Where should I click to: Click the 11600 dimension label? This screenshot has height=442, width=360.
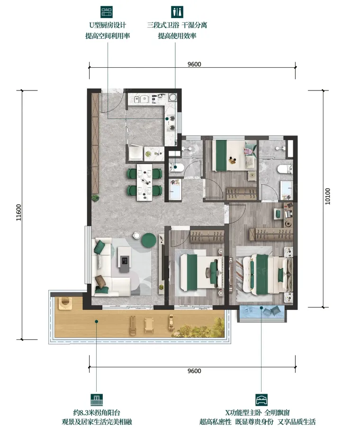click(x=18, y=212)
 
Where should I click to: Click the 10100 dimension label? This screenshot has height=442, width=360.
click(x=327, y=196)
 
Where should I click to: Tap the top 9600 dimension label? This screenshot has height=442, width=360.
click(x=194, y=64)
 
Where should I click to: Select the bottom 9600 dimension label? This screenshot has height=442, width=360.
click(x=194, y=370)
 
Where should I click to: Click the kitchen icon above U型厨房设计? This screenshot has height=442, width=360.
click(x=107, y=12)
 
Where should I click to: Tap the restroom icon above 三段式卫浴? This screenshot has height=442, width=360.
click(x=177, y=12)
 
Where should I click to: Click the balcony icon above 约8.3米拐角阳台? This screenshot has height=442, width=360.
click(x=97, y=400)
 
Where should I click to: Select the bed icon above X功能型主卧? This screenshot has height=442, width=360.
click(x=261, y=400)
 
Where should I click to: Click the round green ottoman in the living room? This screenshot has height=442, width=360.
click(x=149, y=241)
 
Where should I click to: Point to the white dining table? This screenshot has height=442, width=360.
click(x=144, y=182)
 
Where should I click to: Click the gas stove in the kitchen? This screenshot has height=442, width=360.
click(x=171, y=123)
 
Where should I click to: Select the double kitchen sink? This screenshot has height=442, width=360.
click(x=142, y=99)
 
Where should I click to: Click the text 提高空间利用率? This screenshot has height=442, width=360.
click(x=108, y=36)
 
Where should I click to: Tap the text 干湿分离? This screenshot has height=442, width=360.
click(x=194, y=25)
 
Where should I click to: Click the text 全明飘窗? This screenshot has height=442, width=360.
click(x=277, y=413)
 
